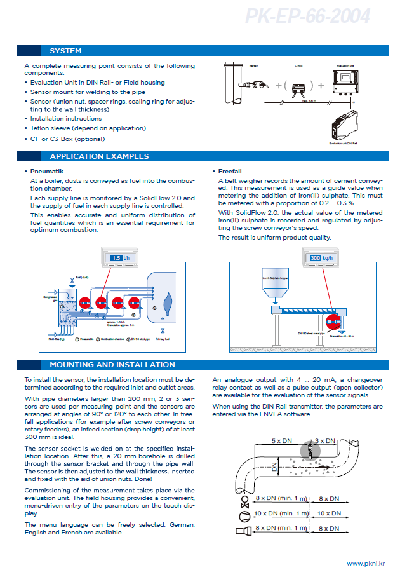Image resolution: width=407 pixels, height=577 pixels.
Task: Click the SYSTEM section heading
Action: [x=65, y=51]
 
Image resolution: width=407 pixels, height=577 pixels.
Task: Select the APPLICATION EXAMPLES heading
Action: [x=99, y=156]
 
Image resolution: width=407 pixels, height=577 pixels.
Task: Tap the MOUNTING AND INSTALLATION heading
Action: [x=112, y=365]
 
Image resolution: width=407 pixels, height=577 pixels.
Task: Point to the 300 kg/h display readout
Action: [x=320, y=258]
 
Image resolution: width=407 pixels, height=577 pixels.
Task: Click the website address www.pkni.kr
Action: [x=365, y=564]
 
